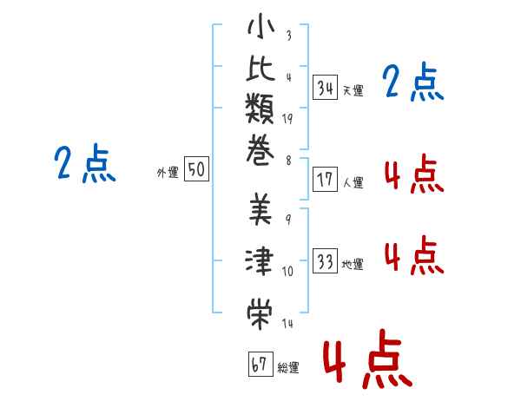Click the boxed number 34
pos(326,87)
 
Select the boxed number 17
pos(326,181)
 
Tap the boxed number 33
pos(326,261)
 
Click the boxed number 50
pos(197,170)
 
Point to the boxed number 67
pos(260,365)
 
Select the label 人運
pos(353,183)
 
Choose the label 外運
pos(168,173)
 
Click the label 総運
pos(287,368)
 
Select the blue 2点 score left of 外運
pos(84,163)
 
